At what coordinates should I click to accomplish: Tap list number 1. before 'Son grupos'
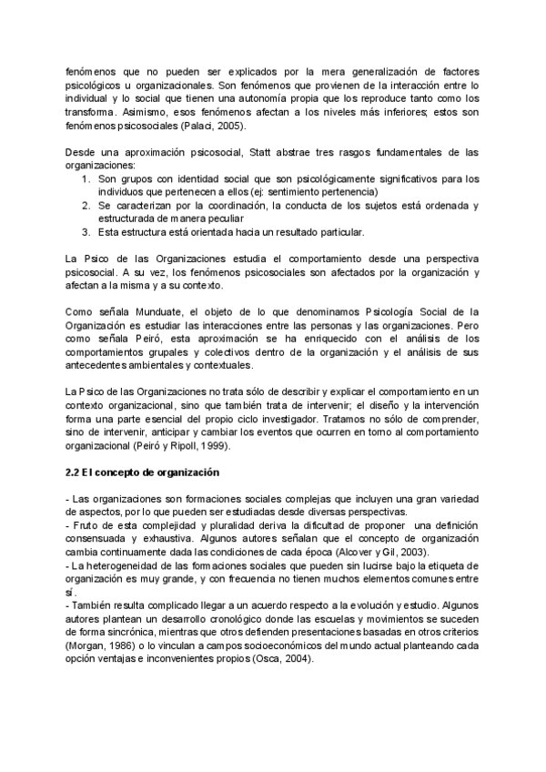click(x=85, y=178)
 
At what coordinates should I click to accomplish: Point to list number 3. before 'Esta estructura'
click(x=85, y=232)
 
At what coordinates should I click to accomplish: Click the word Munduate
click(x=138, y=312)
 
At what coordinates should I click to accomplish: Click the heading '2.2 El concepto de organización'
click(x=144, y=473)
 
